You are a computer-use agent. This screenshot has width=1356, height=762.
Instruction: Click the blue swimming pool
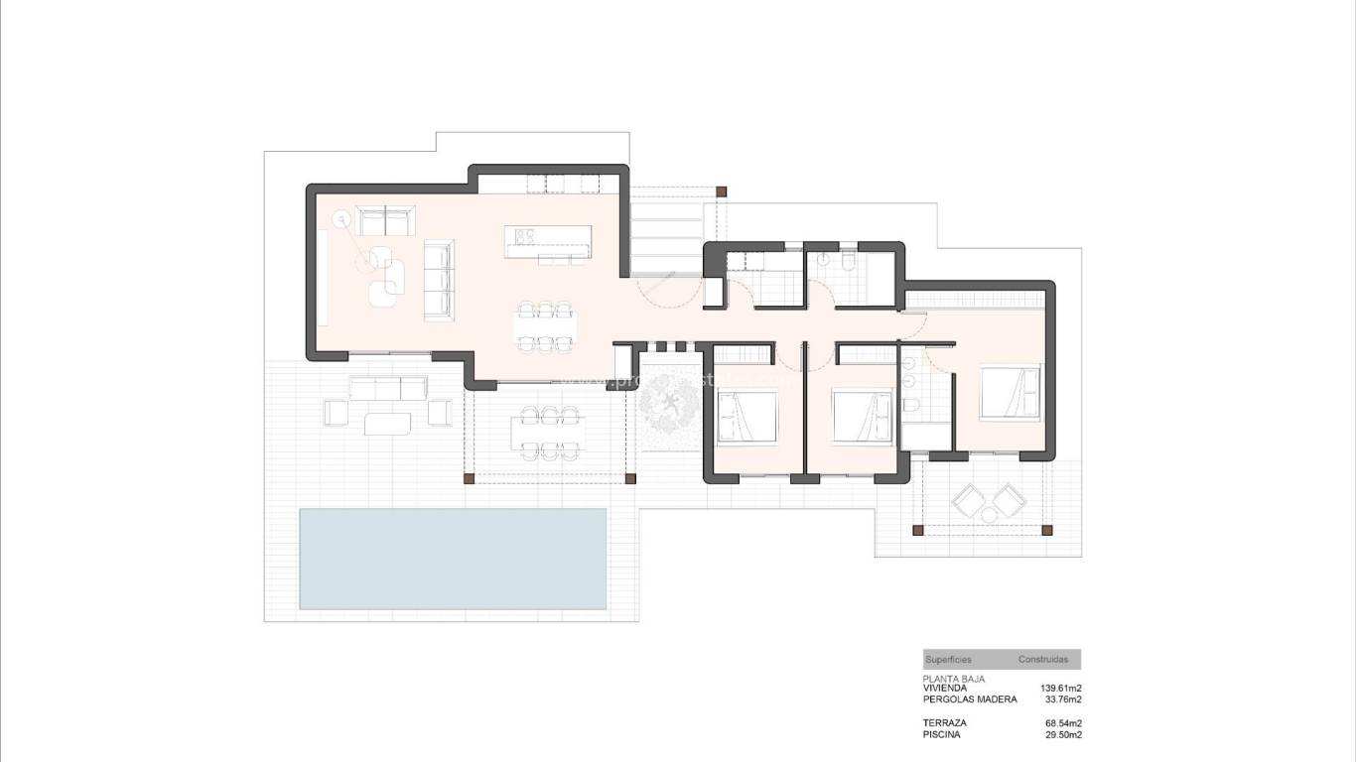(x=453, y=559)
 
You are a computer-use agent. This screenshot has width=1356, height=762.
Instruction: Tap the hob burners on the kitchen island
(x=524, y=236)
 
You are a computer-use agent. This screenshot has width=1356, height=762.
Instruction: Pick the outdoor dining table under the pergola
(x=544, y=434)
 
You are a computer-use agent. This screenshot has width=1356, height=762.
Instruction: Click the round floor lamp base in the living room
(x=340, y=216)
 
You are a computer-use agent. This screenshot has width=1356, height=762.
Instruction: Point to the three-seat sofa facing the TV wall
(x=438, y=279)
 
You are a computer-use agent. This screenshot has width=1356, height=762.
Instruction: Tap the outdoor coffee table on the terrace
(x=387, y=424)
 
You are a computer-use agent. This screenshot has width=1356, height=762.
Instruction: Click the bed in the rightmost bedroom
(x=1010, y=392)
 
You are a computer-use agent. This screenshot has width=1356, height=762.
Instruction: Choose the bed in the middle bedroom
(x=863, y=417)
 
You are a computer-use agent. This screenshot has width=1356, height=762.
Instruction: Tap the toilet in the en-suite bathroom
(x=910, y=406)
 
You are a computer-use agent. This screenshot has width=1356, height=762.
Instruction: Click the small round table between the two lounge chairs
(x=990, y=511)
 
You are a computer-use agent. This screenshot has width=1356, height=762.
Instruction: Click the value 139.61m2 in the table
(x=1060, y=688)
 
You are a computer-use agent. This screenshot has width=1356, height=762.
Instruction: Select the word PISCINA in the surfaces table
(x=941, y=735)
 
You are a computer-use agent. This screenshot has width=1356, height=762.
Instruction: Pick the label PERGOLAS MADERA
(x=970, y=699)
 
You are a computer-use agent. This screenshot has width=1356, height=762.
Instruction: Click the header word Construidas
(x=1042, y=660)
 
